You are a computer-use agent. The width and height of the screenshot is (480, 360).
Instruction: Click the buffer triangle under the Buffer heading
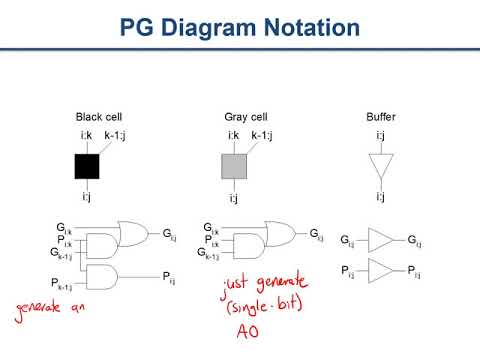point(379,166)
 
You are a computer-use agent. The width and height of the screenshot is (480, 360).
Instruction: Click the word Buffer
point(382,116)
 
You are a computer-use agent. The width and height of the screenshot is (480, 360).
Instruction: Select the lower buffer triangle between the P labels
point(381,270)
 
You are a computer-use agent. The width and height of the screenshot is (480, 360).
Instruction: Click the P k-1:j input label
point(61,285)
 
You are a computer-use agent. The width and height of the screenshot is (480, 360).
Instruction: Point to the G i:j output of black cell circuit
point(169,234)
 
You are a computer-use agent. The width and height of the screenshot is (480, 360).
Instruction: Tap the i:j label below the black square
point(87,197)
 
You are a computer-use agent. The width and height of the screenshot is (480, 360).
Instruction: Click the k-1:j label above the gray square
point(261,135)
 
